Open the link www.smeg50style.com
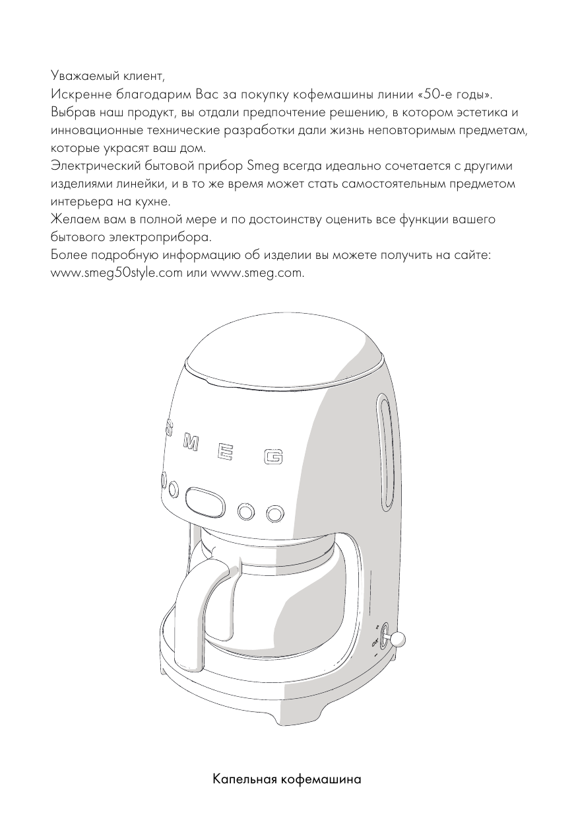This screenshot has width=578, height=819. (x=116, y=274)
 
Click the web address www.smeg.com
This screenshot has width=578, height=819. (x=257, y=274)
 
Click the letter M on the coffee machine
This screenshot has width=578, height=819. (x=189, y=445)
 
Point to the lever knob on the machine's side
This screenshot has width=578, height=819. (x=398, y=639)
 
